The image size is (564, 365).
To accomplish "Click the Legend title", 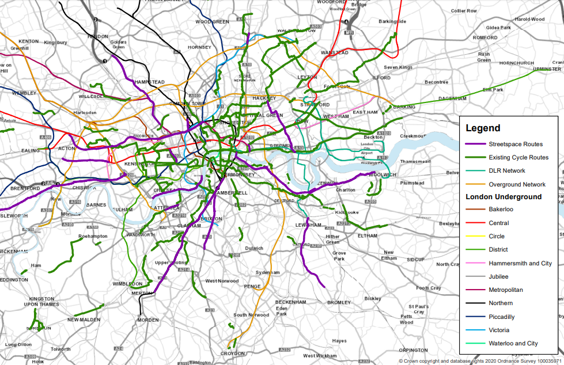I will (x=483, y=128).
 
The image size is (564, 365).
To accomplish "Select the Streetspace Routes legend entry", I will (x=515, y=144).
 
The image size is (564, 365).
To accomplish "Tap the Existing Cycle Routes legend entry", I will (x=518, y=157).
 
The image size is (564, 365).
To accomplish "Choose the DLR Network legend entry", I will (x=506, y=170).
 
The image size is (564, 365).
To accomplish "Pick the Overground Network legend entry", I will (x=517, y=184).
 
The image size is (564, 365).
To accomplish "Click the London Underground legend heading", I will (x=504, y=197).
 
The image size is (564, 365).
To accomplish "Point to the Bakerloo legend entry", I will (x=501, y=209).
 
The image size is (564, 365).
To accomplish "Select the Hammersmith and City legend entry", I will (x=520, y=263).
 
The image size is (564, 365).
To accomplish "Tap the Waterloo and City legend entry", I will (x=513, y=343).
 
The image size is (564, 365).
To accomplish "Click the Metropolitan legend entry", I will (x=505, y=290).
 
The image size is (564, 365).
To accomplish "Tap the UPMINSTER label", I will (x=531, y=69).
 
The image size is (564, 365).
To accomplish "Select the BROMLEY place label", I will (x=339, y=302).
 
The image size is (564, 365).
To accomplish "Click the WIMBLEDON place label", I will (x=127, y=284).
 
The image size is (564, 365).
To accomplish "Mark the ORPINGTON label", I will (x=414, y=349).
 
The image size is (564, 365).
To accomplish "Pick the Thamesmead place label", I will (x=415, y=162).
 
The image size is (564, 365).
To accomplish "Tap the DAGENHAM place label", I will (x=453, y=98).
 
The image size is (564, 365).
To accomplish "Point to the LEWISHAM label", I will (x=309, y=225).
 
